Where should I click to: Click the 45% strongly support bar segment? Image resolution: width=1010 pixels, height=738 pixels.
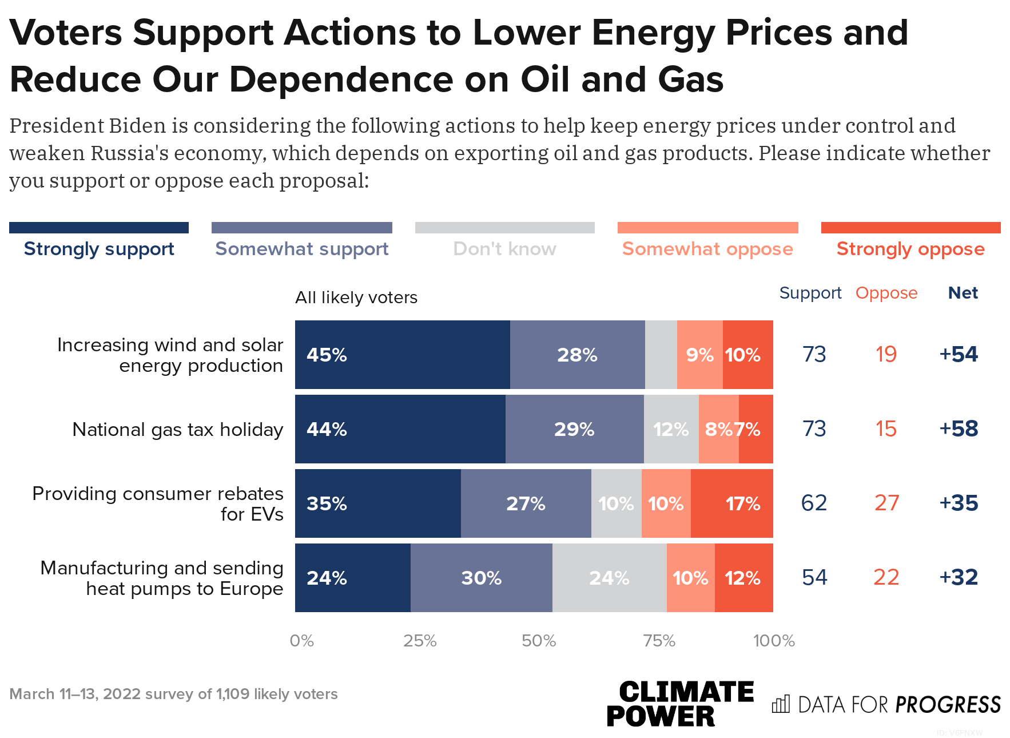click(402, 355)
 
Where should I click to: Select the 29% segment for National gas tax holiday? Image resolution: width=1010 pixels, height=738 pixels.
click(574, 429)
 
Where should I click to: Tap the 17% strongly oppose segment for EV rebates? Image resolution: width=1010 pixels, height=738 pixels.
click(731, 503)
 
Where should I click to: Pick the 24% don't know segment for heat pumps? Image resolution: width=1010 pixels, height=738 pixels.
click(609, 578)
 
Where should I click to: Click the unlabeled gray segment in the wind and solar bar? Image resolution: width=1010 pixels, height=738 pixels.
click(661, 355)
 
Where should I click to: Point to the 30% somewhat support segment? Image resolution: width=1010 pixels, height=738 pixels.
click(481, 578)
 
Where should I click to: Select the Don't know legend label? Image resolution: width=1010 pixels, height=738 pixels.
click(504, 249)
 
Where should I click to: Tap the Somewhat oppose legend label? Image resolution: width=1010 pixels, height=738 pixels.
click(707, 249)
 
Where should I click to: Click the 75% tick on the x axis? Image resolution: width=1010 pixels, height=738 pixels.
click(659, 641)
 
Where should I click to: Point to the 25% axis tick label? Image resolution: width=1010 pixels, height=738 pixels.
click(420, 641)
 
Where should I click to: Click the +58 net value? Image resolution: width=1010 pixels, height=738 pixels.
click(959, 429)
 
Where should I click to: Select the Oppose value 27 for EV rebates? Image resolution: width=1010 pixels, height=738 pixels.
click(886, 503)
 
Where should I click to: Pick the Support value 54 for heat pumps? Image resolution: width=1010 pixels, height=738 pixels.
click(814, 578)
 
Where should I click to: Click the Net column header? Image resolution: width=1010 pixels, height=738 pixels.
click(963, 293)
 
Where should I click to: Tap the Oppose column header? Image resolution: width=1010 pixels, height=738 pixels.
click(886, 293)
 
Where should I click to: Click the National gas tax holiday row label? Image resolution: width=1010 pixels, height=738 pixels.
click(178, 430)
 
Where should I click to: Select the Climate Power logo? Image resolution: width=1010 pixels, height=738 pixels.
click(680, 704)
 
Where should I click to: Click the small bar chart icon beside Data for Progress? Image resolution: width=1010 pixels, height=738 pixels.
click(781, 704)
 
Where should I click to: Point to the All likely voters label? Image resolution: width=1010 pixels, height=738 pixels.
click(356, 297)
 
